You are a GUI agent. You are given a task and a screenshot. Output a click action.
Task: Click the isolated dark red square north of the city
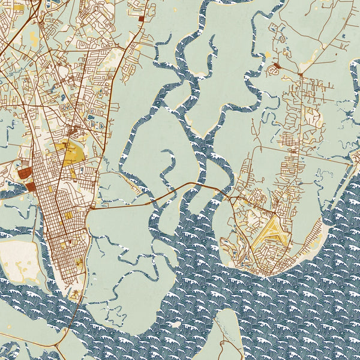(142, 19)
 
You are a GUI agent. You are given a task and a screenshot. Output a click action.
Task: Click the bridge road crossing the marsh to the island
(180, 188)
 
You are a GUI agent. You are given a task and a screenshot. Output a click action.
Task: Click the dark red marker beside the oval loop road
(277, 65)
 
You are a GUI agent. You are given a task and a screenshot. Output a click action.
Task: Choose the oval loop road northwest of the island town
(273, 71)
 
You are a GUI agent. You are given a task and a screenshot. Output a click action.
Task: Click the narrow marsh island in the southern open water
(225, 336)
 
